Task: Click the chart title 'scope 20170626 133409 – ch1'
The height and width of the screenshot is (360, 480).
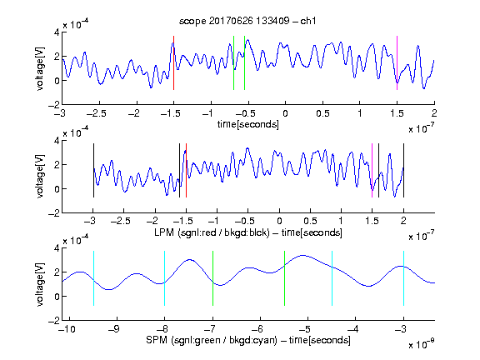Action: [247, 21]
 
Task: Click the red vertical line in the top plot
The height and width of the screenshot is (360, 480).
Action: [174, 62]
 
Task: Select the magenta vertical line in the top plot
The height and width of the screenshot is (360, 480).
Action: [397, 62]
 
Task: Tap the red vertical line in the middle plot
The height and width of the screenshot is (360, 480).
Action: [186, 170]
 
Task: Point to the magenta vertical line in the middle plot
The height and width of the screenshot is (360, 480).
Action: [372, 170]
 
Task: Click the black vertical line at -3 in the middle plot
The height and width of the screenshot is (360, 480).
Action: [93, 170]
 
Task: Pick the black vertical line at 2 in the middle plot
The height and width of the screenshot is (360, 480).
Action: [403, 170]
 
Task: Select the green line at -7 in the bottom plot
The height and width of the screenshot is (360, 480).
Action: [212, 278]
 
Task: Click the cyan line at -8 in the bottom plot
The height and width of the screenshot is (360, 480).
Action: [165, 278]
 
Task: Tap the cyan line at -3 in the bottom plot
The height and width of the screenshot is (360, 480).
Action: [403, 278]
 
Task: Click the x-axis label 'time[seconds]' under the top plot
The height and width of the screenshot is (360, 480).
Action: [248, 124]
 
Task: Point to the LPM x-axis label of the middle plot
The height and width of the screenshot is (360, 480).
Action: [248, 232]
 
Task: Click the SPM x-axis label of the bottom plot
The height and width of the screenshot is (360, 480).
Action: [248, 340]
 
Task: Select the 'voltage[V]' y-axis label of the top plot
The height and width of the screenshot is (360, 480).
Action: [40, 68]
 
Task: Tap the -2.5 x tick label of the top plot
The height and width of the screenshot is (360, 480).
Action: [97, 113]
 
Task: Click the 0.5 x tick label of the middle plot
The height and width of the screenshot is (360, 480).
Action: [310, 221]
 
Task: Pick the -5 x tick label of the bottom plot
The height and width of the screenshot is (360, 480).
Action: [304, 329]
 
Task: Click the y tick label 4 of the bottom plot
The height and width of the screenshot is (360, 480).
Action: [57, 248]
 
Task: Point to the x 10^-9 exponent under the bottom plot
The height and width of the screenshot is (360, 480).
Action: [421, 343]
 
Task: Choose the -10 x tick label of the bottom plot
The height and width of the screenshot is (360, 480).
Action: [67, 329]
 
